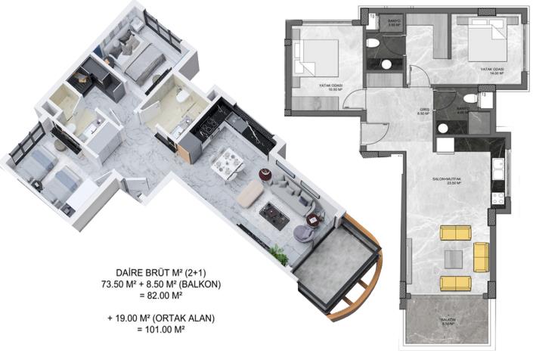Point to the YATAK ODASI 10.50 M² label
tap(331, 87)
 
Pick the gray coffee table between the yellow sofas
tap(454, 258)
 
